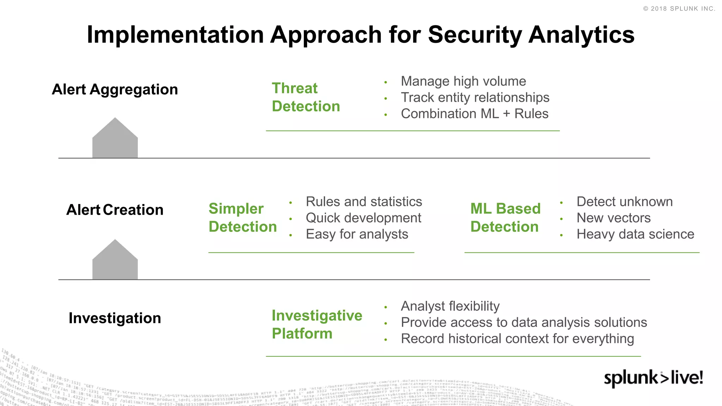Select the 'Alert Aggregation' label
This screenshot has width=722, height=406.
tap(115, 90)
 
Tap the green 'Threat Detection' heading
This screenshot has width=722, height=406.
tap(305, 97)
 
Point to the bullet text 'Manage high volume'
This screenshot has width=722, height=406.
tap(463, 81)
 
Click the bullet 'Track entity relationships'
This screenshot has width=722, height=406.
tap(475, 98)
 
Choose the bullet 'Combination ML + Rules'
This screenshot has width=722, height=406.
tap(474, 114)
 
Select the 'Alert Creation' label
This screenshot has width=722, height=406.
tap(115, 210)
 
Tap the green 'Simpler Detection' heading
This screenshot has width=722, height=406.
tap(243, 218)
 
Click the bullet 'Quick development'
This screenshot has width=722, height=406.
tap(363, 218)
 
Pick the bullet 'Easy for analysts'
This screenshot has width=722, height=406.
tap(356, 234)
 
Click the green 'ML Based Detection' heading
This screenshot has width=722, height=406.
tap(505, 218)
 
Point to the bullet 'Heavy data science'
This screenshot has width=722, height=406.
tap(635, 234)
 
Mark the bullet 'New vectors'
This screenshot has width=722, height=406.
tap(613, 218)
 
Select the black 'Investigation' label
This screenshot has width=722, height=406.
tap(115, 318)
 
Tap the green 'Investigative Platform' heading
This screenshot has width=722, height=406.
tap(316, 325)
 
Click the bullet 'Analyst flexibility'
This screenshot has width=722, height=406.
tap(450, 306)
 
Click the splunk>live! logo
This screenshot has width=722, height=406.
tap(653, 378)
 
